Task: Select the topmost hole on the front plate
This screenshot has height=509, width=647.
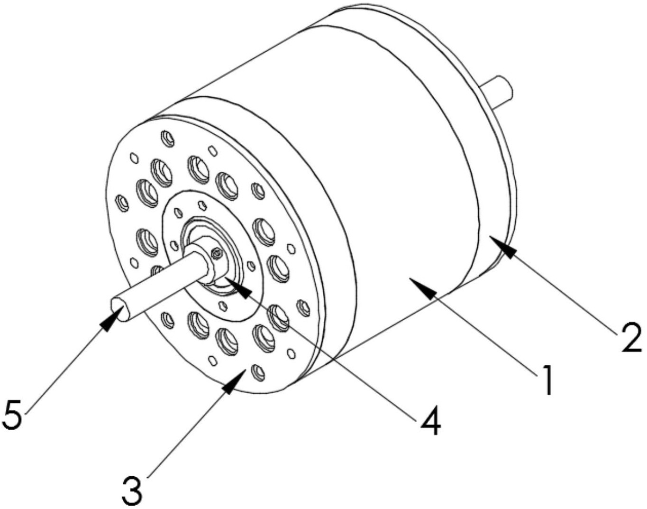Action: (x=168, y=139)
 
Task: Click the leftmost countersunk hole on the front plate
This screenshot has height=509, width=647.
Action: (x=123, y=203)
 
